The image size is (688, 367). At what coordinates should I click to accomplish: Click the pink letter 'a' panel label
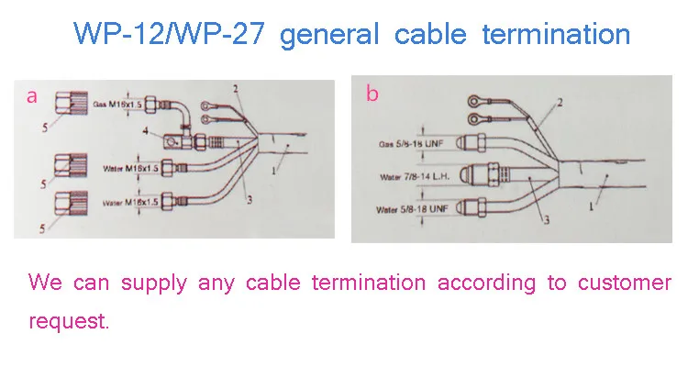click(32, 95)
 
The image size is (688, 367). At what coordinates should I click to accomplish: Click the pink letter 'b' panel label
click(372, 94)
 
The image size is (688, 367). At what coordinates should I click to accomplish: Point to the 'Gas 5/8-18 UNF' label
click(412, 144)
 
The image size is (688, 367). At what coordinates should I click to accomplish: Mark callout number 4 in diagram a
click(145, 133)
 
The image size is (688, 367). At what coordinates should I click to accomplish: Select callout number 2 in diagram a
click(235, 88)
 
